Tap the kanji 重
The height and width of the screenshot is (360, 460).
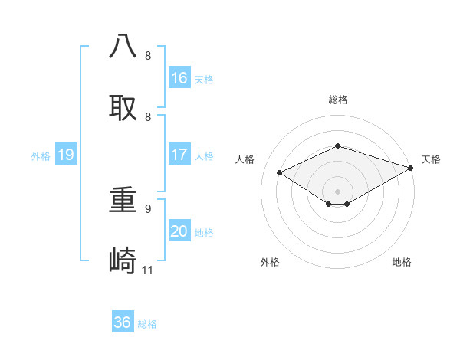click(x=123, y=201)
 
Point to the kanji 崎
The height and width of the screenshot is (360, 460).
click(x=123, y=262)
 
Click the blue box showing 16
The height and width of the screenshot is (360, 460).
click(x=179, y=78)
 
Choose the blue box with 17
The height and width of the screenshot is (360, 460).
click(x=179, y=155)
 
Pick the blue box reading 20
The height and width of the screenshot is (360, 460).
click(x=179, y=231)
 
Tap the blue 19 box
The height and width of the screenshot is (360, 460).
click(x=66, y=155)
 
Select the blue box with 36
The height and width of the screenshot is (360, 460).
click(x=123, y=322)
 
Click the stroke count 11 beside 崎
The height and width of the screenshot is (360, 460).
click(x=148, y=270)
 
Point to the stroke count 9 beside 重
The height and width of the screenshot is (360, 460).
click(x=148, y=208)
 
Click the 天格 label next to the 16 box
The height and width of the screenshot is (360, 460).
click(x=204, y=79)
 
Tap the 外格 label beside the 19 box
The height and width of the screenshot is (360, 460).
click(x=41, y=155)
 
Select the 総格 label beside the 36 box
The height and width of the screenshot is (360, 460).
click(x=147, y=323)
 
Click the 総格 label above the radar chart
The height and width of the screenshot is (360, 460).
click(x=338, y=100)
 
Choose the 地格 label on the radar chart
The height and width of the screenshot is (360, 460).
click(x=402, y=262)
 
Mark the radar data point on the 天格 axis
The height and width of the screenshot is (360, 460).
click(x=412, y=167)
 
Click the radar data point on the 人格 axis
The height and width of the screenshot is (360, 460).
click(x=280, y=173)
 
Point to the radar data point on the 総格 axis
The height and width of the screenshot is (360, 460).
click(x=338, y=146)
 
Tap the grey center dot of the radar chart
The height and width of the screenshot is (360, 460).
click(x=338, y=191)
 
